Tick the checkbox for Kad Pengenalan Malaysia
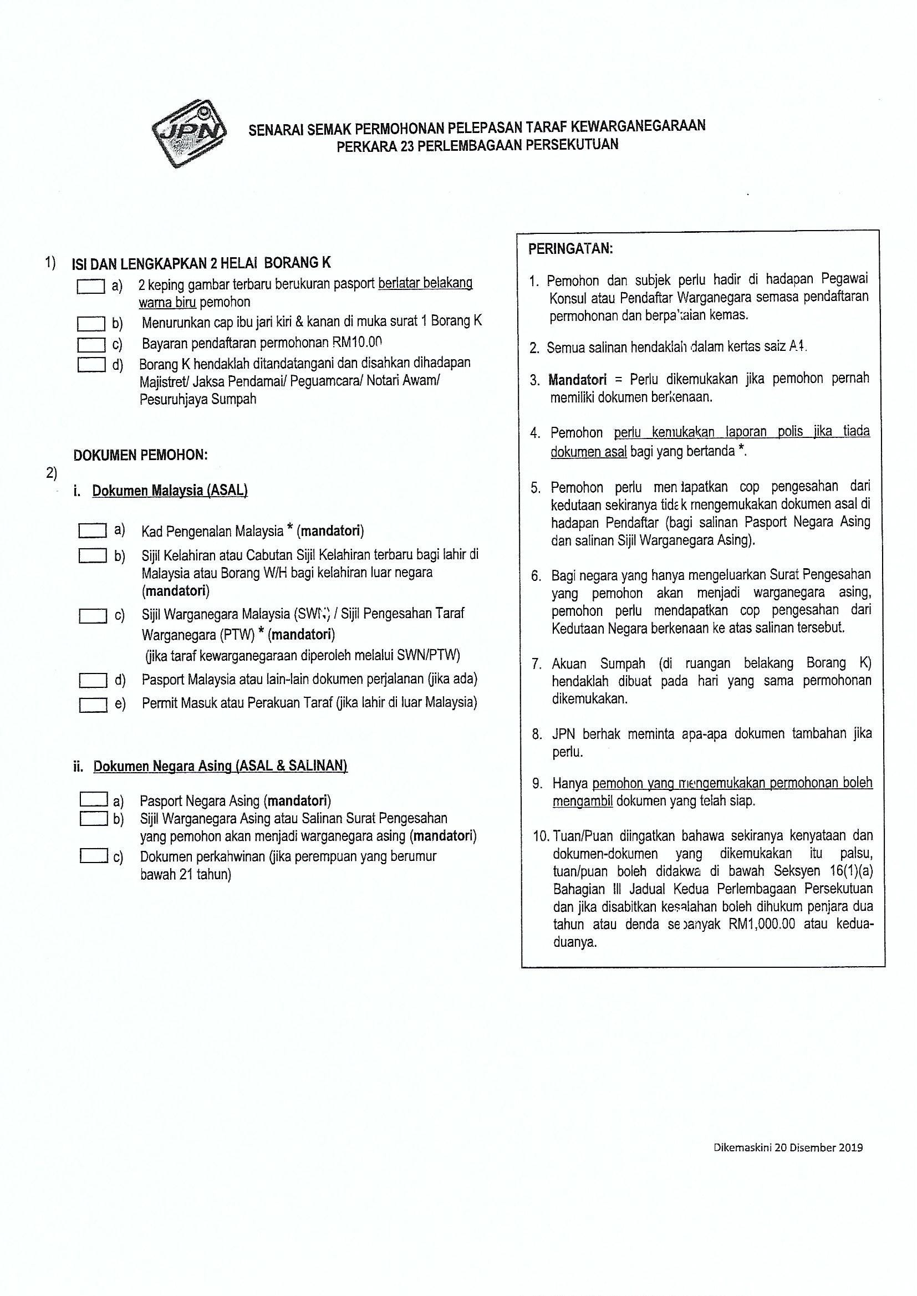(x=93, y=531)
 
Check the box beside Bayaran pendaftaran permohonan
(x=91, y=344)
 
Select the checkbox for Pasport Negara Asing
(x=94, y=800)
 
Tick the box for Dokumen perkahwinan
(x=94, y=856)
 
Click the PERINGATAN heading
(x=570, y=249)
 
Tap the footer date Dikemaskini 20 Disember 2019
(x=788, y=1147)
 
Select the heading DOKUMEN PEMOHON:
(x=141, y=455)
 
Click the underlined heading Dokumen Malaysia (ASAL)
(x=170, y=491)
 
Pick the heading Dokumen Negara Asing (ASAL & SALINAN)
(x=220, y=766)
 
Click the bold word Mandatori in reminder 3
(x=577, y=379)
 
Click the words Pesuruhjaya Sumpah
(x=198, y=399)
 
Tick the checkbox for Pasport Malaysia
(x=93, y=681)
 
